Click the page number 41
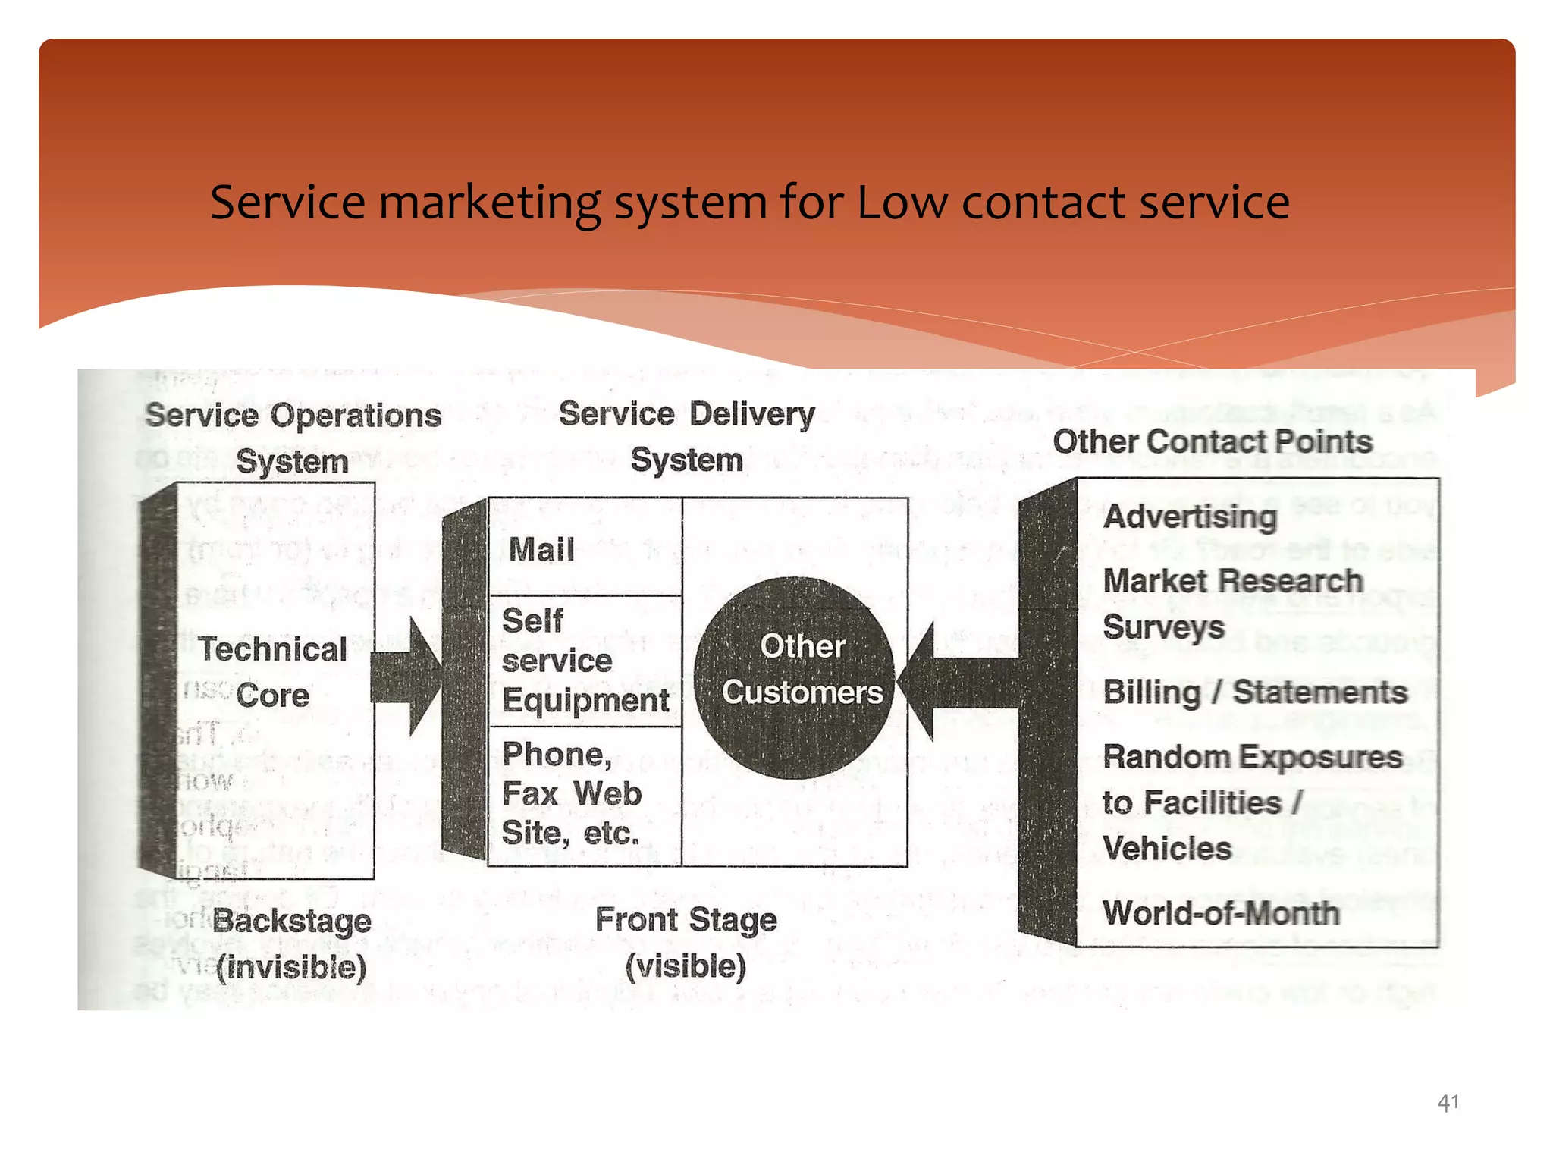click(1447, 1102)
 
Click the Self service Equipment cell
click(585, 661)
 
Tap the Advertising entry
click(1190, 517)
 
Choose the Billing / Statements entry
click(1254, 692)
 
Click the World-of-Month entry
click(1221, 913)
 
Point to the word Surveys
click(1163, 627)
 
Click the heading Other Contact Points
click(1212, 442)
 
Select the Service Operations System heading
click(293, 438)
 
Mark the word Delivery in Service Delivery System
click(751, 414)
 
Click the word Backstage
click(292, 922)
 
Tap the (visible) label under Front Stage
click(686, 966)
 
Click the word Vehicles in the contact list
click(1166, 849)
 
